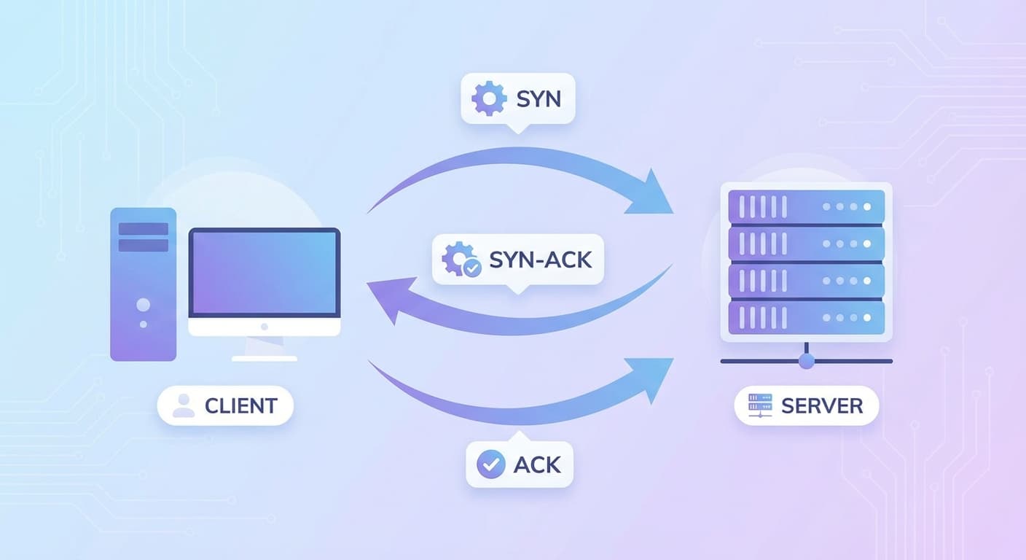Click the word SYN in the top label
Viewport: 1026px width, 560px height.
[x=539, y=98]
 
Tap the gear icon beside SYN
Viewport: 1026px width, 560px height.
[x=489, y=98]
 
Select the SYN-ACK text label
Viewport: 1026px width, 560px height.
[x=541, y=259]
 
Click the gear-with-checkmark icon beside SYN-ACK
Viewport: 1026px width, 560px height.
[x=461, y=260]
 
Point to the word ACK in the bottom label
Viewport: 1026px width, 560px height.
[x=537, y=464]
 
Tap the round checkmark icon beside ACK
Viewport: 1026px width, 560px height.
[x=490, y=464]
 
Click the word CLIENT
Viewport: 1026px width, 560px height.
[x=241, y=405]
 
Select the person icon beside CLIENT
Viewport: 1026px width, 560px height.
[x=184, y=405]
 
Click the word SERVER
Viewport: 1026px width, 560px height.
[x=822, y=405]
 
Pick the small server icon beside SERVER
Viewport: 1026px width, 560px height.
[x=760, y=405]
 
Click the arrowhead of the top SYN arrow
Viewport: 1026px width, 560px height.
[x=651, y=193]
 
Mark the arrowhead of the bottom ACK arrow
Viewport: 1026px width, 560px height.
[x=652, y=376]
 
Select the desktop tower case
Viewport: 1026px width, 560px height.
[x=144, y=284]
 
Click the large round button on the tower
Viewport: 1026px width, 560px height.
[x=144, y=304]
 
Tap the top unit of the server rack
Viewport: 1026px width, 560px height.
[x=806, y=207]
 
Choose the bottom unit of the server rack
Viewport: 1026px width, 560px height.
[x=806, y=318]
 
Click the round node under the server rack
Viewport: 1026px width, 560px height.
[x=806, y=361]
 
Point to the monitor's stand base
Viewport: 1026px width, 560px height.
[x=265, y=358]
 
